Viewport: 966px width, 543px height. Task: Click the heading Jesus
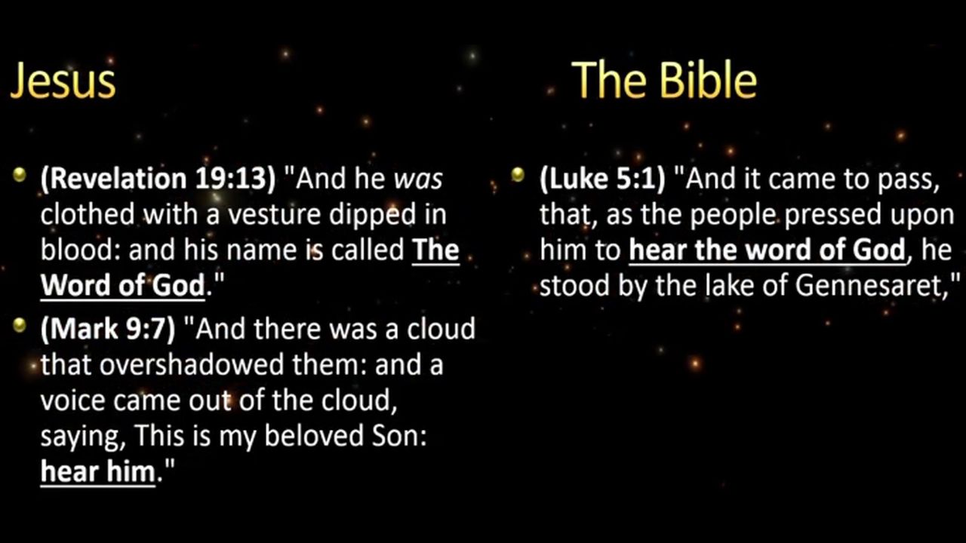click(x=63, y=81)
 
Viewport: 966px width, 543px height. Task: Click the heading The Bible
click(x=664, y=80)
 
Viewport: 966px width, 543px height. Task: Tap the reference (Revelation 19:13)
click(x=158, y=179)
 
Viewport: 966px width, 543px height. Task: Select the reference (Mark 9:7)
click(x=108, y=329)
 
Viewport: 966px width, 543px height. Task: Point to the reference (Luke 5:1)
click(x=602, y=179)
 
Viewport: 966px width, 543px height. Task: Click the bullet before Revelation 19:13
click(x=20, y=174)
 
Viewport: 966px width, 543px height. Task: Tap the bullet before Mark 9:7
click(x=20, y=325)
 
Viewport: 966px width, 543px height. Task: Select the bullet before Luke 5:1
click(x=518, y=174)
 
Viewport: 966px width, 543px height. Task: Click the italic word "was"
click(x=418, y=179)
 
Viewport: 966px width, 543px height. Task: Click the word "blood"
click(x=79, y=250)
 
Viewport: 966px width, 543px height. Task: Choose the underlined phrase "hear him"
click(x=98, y=471)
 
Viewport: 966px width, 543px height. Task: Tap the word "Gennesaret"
click(x=868, y=285)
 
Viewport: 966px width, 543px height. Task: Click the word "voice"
click(x=72, y=400)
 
